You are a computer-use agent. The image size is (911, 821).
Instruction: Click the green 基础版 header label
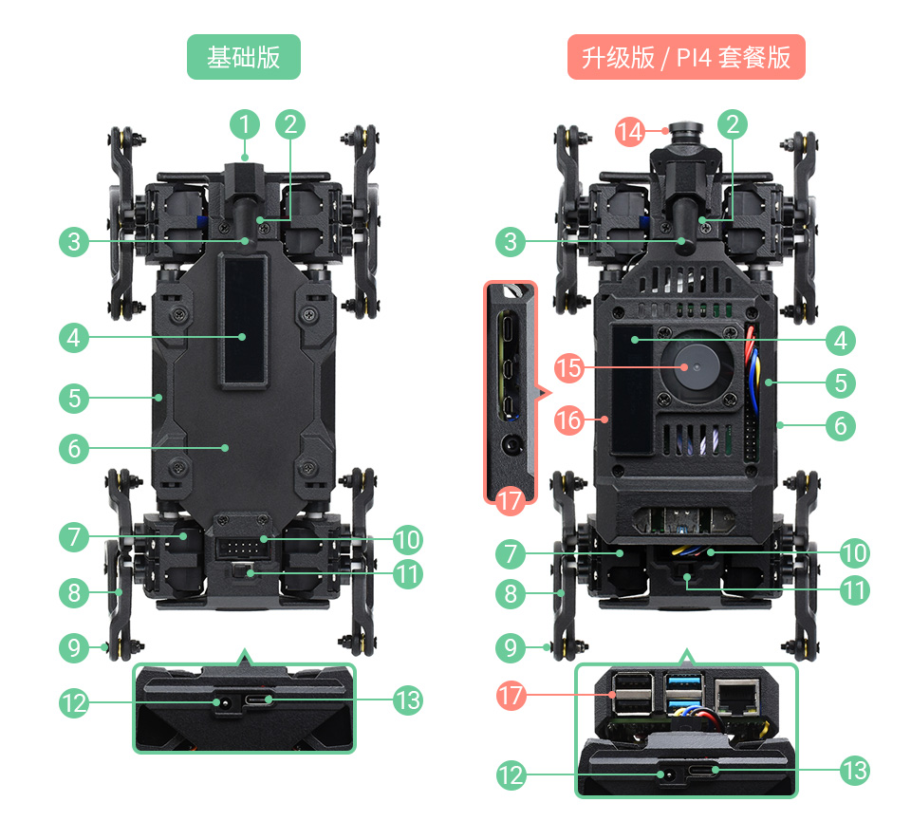click(x=244, y=57)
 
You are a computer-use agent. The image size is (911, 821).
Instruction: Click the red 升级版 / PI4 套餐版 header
click(x=686, y=57)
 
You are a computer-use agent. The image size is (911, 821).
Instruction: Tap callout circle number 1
click(x=244, y=124)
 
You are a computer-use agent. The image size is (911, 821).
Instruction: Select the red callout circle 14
click(x=630, y=131)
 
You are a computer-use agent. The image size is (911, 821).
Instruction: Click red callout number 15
click(x=568, y=367)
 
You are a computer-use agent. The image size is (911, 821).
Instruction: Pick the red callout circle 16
click(x=568, y=418)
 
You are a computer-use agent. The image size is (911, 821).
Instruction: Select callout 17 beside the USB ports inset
click(x=511, y=696)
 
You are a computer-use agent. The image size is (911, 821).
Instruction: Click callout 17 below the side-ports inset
click(x=511, y=501)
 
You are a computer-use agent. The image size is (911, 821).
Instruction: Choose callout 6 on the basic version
click(x=74, y=447)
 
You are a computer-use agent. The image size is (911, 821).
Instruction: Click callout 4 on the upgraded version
click(x=840, y=340)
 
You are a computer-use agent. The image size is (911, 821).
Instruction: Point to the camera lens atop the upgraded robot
click(x=680, y=130)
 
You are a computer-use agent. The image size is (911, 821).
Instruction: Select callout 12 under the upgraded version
click(x=511, y=774)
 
